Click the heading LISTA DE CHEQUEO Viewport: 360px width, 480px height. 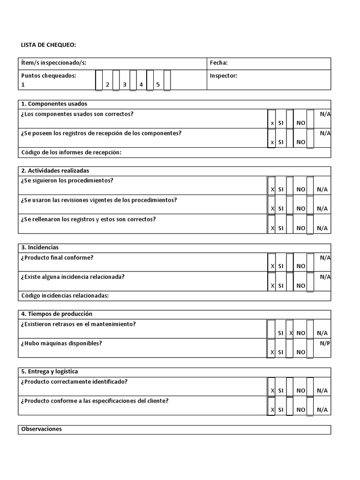(48, 45)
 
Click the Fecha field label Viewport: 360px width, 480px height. (218, 63)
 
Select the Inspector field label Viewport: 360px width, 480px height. (224, 75)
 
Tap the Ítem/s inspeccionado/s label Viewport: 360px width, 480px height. (53, 63)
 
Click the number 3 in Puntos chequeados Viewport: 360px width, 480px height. (124, 85)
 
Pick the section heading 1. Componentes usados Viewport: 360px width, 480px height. (54, 104)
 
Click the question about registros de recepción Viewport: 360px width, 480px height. (101, 133)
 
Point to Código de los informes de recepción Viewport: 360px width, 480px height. (71, 152)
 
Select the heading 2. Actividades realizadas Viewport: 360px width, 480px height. (55, 171)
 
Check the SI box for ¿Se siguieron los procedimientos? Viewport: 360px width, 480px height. (271, 185)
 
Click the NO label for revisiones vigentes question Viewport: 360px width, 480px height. (301, 209)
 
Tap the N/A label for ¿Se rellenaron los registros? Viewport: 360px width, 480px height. (322, 228)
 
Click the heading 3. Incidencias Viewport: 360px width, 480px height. (40, 247)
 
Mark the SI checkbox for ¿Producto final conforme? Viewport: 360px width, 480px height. (271, 262)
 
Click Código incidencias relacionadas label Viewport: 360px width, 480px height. (65, 296)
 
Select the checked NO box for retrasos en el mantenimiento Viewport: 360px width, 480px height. (290, 329)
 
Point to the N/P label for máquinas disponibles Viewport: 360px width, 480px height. (325, 343)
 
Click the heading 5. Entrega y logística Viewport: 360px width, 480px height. (49, 372)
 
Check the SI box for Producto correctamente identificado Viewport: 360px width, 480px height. (271, 386)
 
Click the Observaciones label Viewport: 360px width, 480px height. (41, 429)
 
